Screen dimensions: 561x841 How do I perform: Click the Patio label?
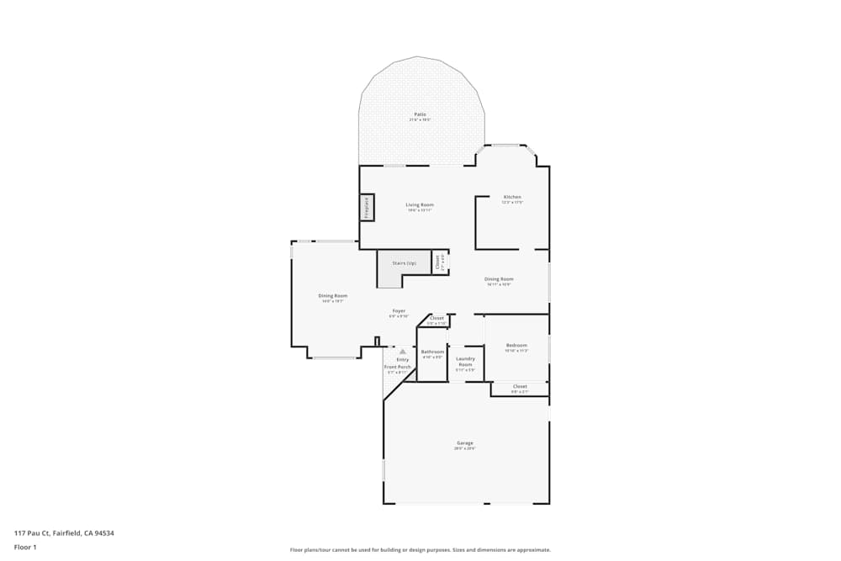(x=419, y=114)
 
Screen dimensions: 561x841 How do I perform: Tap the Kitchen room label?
(x=512, y=197)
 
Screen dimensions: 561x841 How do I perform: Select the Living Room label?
(x=419, y=205)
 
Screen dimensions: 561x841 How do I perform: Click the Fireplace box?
(x=367, y=206)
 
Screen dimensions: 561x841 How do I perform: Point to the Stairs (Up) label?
(x=404, y=263)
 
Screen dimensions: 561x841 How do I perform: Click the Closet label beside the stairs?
(x=438, y=262)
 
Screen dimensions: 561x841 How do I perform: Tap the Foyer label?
(x=399, y=311)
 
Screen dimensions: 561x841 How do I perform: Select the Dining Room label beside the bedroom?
(x=499, y=279)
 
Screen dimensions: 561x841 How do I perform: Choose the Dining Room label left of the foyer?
(x=333, y=296)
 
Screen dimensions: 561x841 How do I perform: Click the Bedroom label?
(x=516, y=346)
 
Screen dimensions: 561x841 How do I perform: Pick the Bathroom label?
(x=432, y=352)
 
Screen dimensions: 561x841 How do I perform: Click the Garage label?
(x=465, y=443)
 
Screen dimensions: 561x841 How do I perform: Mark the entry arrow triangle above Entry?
(x=403, y=351)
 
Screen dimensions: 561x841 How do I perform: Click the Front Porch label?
(x=398, y=367)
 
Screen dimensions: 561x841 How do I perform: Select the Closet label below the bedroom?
(x=520, y=387)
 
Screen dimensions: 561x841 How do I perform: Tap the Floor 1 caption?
(x=25, y=547)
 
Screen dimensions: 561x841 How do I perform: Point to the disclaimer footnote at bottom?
(x=420, y=550)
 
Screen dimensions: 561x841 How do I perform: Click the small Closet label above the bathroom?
(x=436, y=319)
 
